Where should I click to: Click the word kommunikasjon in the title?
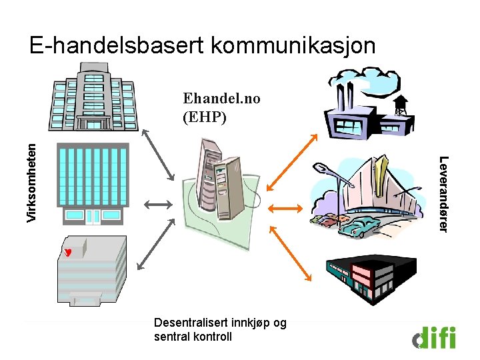pos(293,45)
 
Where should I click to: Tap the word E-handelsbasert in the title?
pos(117,45)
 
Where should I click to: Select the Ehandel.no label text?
pos(221,99)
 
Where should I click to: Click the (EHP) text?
pos(204,117)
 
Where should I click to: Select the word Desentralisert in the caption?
pos(186,323)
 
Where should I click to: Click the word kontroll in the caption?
pos(212,336)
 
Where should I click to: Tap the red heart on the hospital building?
pos(68,251)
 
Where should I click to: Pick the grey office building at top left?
pos(87,97)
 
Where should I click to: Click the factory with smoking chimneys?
pos(357,107)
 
